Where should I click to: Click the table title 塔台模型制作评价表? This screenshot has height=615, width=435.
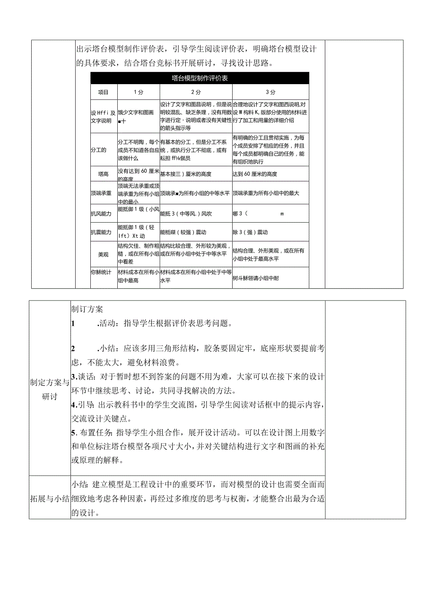click(x=200, y=78)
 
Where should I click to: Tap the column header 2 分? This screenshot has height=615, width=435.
click(x=196, y=92)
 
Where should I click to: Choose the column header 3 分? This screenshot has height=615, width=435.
click(x=270, y=92)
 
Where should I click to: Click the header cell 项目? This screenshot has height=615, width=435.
click(x=103, y=92)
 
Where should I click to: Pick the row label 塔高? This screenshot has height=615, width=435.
click(x=103, y=174)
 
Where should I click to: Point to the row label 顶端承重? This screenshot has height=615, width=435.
click(x=101, y=193)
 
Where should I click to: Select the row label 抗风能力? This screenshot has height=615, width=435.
click(x=101, y=214)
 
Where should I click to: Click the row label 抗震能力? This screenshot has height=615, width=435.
click(x=101, y=233)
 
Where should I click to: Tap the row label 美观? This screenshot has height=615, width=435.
click(x=103, y=254)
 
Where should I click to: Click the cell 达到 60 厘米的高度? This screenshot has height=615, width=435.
click(x=255, y=174)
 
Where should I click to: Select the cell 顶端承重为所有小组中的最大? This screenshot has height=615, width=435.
click(x=266, y=193)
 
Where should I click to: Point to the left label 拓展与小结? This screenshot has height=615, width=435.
click(x=49, y=499)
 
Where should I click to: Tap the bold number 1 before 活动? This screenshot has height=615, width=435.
click(x=73, y=324)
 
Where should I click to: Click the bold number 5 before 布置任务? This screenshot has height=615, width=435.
click(x=73, y=432)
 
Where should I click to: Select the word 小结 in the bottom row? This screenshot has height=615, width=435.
click(x=79, y=485)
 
